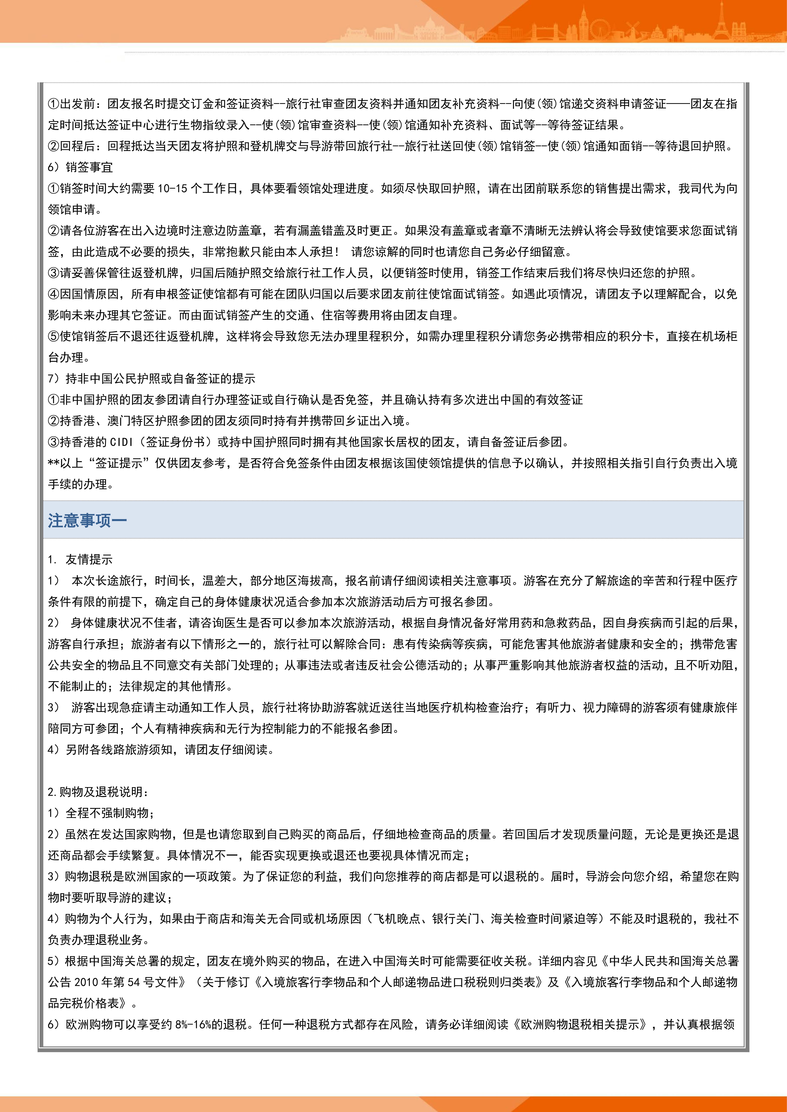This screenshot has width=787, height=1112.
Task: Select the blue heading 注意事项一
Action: click(87, 521)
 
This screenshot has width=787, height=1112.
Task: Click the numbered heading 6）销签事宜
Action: click(80, 167)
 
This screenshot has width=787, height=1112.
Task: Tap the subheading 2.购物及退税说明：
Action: click(98, 792)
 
